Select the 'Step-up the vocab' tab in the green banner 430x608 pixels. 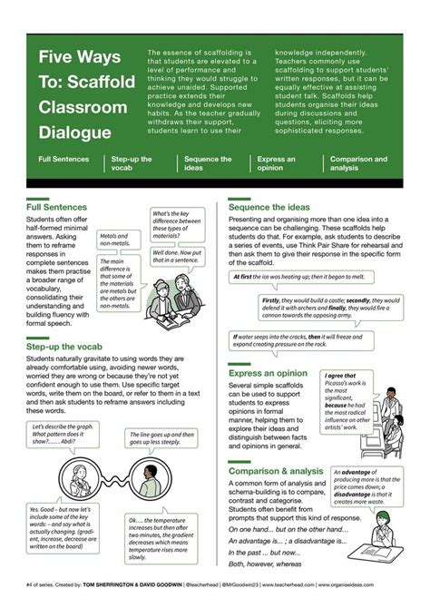coord(131,163)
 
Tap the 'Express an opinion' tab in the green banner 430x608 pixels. coord(277,163)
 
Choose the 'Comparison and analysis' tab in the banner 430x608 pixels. coord(358,163)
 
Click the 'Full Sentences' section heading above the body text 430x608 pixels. coord(57,207)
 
